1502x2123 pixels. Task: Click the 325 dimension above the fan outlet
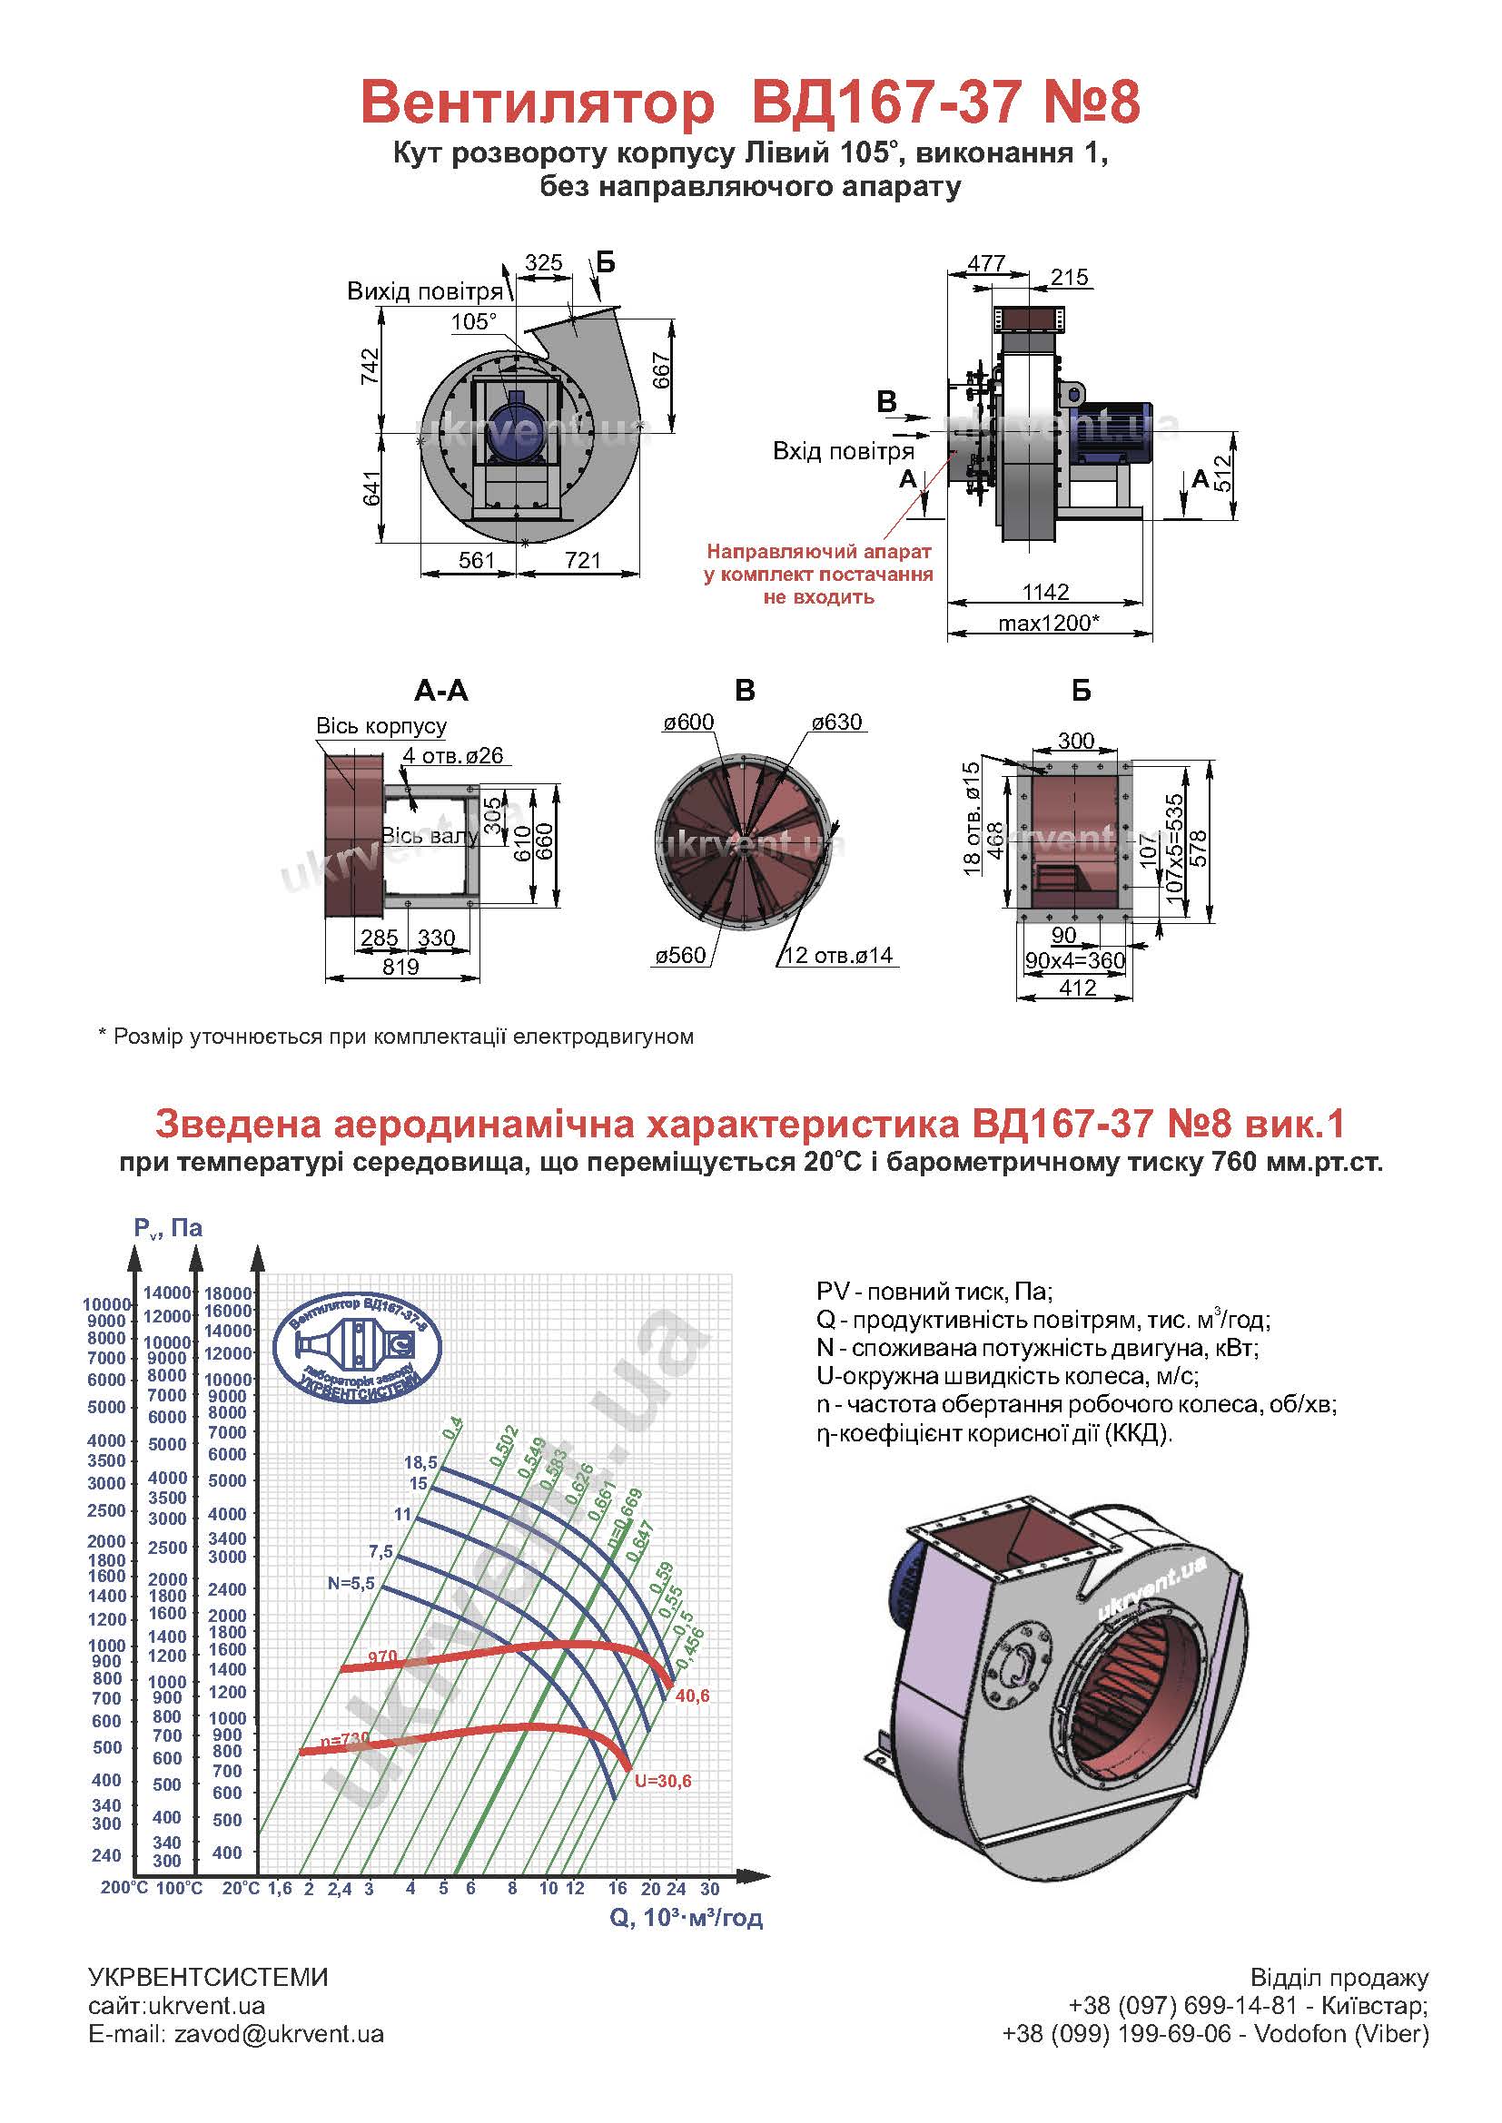point(543,263)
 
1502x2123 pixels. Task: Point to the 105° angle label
point(473,322)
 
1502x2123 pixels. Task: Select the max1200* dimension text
point(1048,624)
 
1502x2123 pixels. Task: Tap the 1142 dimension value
point(1045,592)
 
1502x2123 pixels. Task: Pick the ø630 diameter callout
point(837,722)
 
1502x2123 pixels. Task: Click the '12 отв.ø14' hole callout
point(838,955)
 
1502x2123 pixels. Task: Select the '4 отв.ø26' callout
point(453,755)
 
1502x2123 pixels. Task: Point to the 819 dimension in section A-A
point(400,967)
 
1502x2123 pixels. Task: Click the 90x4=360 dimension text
point(1074,960)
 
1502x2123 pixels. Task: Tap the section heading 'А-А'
point(441,691)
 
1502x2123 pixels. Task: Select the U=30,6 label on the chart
point(663,1781)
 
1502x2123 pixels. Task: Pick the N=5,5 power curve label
point(351,1583)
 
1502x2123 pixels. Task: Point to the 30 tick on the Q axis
point(709,1889)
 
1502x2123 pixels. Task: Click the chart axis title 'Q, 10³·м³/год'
point(687,1918)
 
